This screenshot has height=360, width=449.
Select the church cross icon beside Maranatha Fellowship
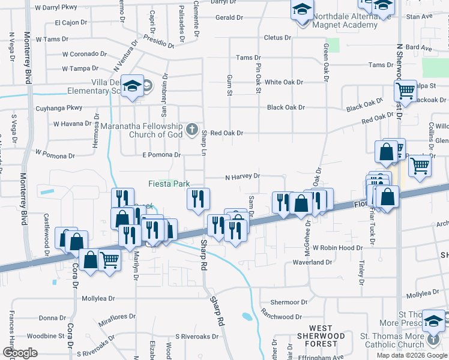point(191,128)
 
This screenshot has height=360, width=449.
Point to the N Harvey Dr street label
point(242,177)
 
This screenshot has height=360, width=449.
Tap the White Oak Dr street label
point(285,82)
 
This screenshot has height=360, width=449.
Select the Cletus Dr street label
point(277,38)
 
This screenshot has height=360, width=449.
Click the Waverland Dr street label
point(312,262)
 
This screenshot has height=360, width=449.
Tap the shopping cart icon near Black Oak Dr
point(405,92)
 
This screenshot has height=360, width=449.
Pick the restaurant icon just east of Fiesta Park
point(197,199)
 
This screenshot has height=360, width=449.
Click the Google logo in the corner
point(20,353)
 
